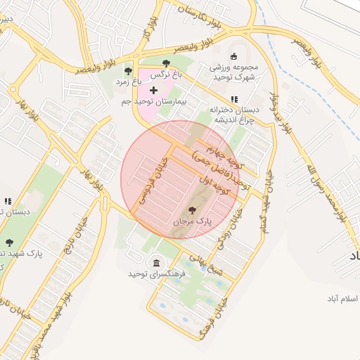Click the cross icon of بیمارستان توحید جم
pyautogui.click(x=153, y=90)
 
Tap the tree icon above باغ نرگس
pyautogui.click(x=166, y=64)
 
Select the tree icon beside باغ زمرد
pyautogui.click(x=128, y=71)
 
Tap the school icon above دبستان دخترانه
pyautogui.click(x=234, y=99)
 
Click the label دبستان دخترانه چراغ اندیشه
pyautogui.click(x=235, y=114)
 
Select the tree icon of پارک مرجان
pyautogui.click(x=193, y=210)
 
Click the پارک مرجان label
pyautogui.click(x=193, y=222)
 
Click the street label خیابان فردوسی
pyautogui.click(x=155, y=179)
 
